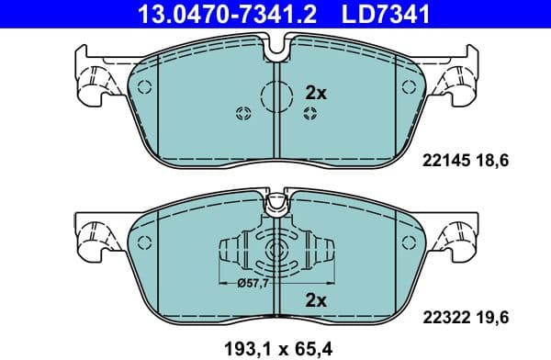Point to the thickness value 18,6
coord(490,160)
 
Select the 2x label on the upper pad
coord(315,94)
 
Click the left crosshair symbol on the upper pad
coord(243,114)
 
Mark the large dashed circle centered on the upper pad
coord(276,95)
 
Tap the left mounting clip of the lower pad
coord(93,241)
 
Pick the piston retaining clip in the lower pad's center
coord(276,252)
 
